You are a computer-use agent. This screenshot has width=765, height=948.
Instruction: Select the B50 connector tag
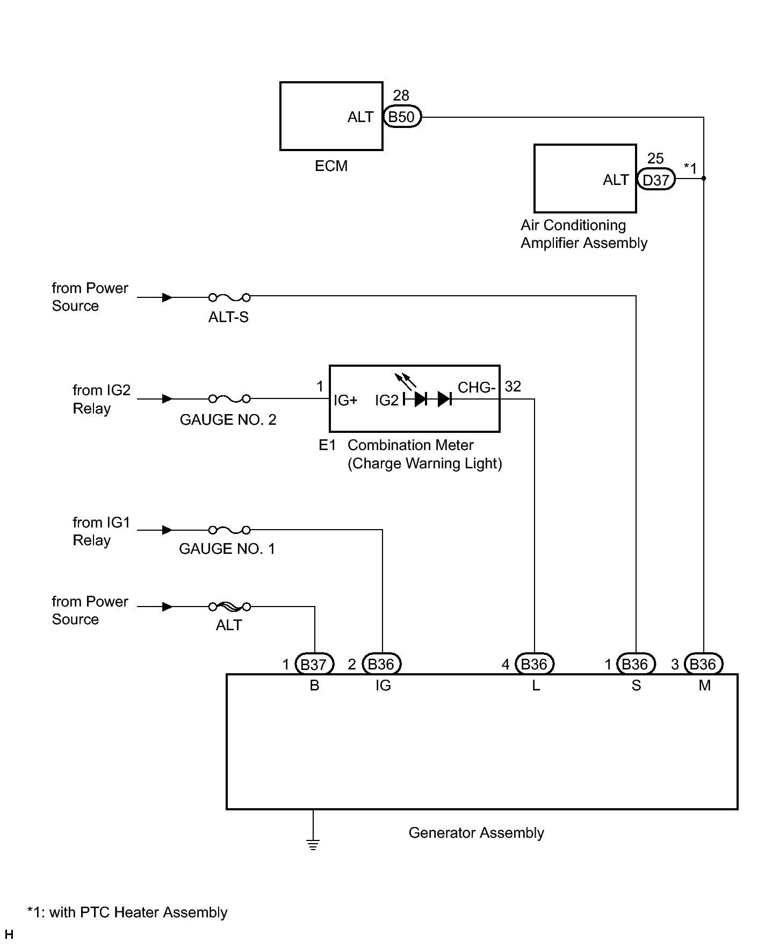tap(402, 117)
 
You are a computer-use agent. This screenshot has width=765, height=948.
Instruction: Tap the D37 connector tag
tap(656, 180)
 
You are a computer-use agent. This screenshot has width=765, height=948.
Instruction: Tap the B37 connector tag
tap(314, 664)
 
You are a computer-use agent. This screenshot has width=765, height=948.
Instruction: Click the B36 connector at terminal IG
tap(382, 664)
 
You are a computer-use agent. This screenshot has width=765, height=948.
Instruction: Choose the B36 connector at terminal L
tap(535, 664)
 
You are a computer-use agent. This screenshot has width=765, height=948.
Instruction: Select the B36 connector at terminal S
tap(636, 664)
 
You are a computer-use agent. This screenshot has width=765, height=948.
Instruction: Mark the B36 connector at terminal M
tap(704, 664)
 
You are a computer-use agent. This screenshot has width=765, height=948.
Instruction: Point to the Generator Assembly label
tap(477, 833)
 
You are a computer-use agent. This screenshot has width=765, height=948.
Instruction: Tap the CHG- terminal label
tap(477, 387)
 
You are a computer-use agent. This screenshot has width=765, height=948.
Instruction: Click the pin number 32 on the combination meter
tap(513, 387)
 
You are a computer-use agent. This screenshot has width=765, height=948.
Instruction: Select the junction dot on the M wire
tap(704, 179)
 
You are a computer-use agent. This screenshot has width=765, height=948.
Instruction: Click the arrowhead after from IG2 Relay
tap(168, 399)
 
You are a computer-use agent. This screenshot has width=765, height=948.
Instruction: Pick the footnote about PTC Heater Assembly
tap(127, 913)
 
